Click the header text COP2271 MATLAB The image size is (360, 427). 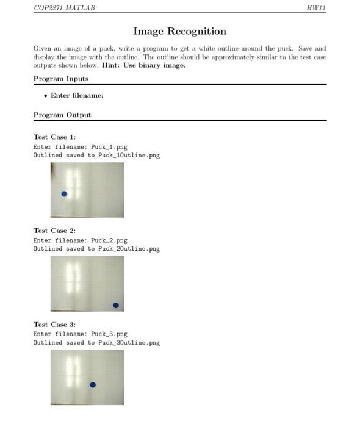tap(64, 8)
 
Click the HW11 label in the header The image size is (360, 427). tap(317, 8)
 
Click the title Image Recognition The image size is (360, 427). tap(179, 32)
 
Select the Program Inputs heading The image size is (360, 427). tap(60, 79)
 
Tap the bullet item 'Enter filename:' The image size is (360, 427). tap(77, 95)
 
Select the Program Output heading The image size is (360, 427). tap(62, 115)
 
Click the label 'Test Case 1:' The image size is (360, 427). tap(54, 137)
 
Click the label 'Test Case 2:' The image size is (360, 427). tap(54, 231)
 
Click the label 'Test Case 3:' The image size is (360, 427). tap(54, 325)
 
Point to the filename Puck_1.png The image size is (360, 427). tap(109, 147)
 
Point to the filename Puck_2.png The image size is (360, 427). tap(109, 240)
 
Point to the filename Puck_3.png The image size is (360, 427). tap(109, 334)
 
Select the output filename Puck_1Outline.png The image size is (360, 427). tap(129, 156)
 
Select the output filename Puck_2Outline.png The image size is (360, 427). tap(129, 249)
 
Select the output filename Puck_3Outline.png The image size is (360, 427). tap(129, 343)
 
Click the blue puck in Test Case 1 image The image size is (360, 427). tap(64, 194)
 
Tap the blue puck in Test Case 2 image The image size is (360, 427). tap(116, 305)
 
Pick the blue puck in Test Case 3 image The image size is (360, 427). tap(93, 385)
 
